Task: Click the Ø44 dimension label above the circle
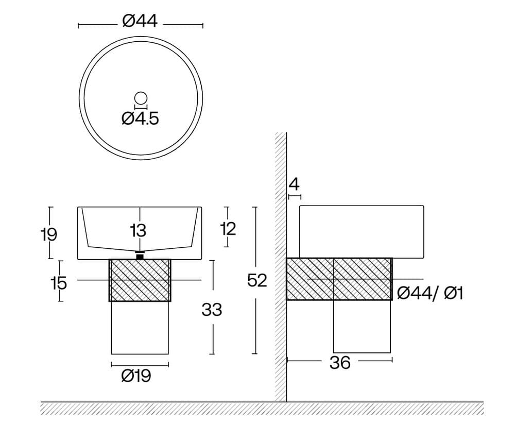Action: coord(140,21)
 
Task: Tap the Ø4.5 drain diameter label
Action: coord(140,118)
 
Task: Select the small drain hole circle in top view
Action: coord(141,98)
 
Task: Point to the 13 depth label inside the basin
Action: coord(138,230)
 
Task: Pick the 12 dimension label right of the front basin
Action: coord(228,229)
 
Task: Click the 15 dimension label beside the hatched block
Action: coord(59,283)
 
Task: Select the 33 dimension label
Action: coord(212,310)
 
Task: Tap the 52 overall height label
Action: coord(257,281)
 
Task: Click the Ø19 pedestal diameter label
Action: coord(136,376)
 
